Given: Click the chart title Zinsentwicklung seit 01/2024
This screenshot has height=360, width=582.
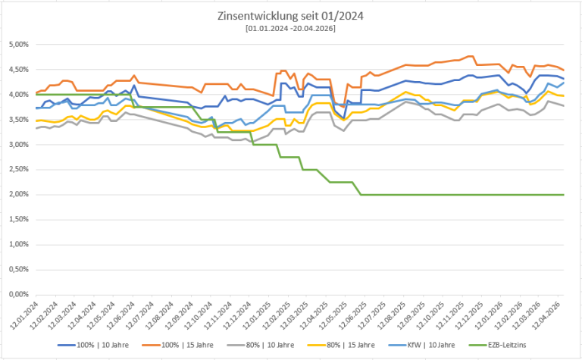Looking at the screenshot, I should coord(290,15).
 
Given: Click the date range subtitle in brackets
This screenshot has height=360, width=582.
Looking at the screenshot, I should coord(290,28).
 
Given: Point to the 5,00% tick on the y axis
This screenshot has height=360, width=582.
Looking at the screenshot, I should coord(17,45).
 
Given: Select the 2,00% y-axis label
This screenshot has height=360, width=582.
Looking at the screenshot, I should coord(17,195).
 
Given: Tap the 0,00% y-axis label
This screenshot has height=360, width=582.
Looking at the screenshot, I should coord(17,294).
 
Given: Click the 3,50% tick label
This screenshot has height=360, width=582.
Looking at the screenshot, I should coord(17,120).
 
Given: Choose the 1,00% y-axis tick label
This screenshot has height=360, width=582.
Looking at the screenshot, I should coord(17,244).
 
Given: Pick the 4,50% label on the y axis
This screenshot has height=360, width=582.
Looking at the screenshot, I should coord(17,70).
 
